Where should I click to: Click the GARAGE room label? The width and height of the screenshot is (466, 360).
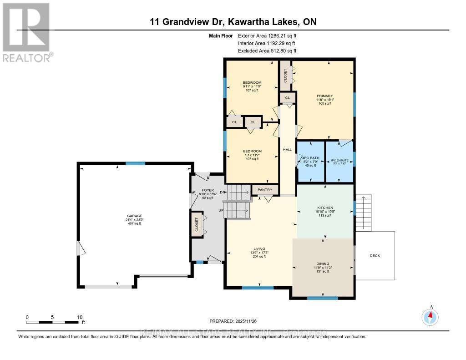tap(135, 216)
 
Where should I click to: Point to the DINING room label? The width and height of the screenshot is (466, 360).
tap(323, 264)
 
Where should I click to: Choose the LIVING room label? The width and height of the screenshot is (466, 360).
tap(259, 248)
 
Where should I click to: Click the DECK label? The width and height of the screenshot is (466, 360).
tap(375, 256)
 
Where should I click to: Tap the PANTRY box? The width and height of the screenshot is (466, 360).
tap(265, 190)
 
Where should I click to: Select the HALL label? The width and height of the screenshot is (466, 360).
tap(287, 150)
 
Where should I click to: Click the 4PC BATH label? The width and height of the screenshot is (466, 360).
tap(311, 158)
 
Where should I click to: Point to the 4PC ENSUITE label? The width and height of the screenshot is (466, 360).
tap(340, 160)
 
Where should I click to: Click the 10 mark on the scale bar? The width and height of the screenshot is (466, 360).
tap(80, 317)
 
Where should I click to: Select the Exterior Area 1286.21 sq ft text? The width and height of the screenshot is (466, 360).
tap(270, 35)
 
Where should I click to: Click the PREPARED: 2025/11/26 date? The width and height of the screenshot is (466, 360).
tap(233, 321)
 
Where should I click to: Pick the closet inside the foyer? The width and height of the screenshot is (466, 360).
tap(197, 225)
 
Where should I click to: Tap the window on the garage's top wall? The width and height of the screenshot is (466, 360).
tap(135, 163)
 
